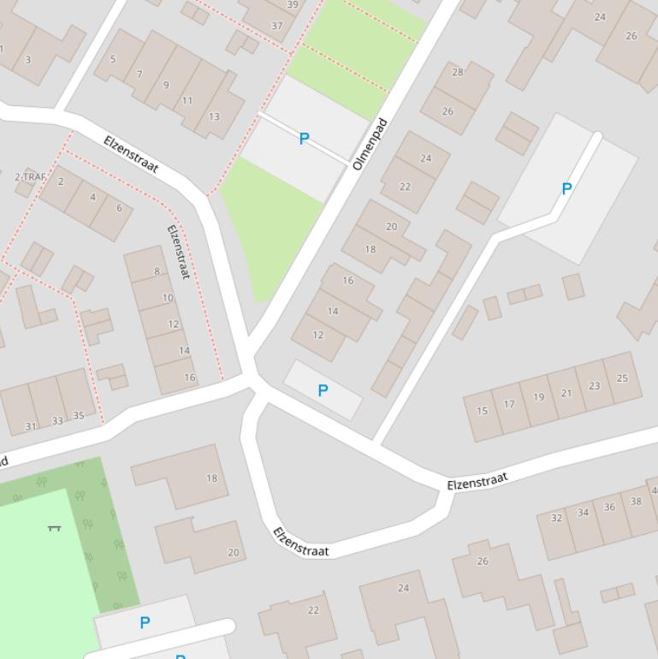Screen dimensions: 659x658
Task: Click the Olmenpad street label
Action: click(370, 144)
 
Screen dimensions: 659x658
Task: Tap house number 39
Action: click(293, 4)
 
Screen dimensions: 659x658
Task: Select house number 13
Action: click(214, 116)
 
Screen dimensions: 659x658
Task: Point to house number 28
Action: click(457, 72)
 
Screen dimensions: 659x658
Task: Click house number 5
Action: click(113, 59)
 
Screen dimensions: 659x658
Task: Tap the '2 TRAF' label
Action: click(30, 177)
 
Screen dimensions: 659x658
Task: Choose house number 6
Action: click(119, 208)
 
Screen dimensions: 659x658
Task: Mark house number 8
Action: click(157, 271)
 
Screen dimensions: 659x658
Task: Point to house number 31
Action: click(31, 426)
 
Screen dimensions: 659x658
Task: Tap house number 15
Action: click(482, 411)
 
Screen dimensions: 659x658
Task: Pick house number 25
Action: click(622, 377)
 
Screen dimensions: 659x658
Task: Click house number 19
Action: click(538, 396)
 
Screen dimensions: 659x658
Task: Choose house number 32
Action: click(556, 518)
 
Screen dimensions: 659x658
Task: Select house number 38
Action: click(636, 502)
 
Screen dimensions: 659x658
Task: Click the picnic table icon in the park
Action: click(55, 528)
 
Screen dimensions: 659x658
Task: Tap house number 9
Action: click(166, 85)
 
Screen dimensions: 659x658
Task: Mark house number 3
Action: click(28, 59)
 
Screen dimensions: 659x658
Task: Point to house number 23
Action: click(595, 385)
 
